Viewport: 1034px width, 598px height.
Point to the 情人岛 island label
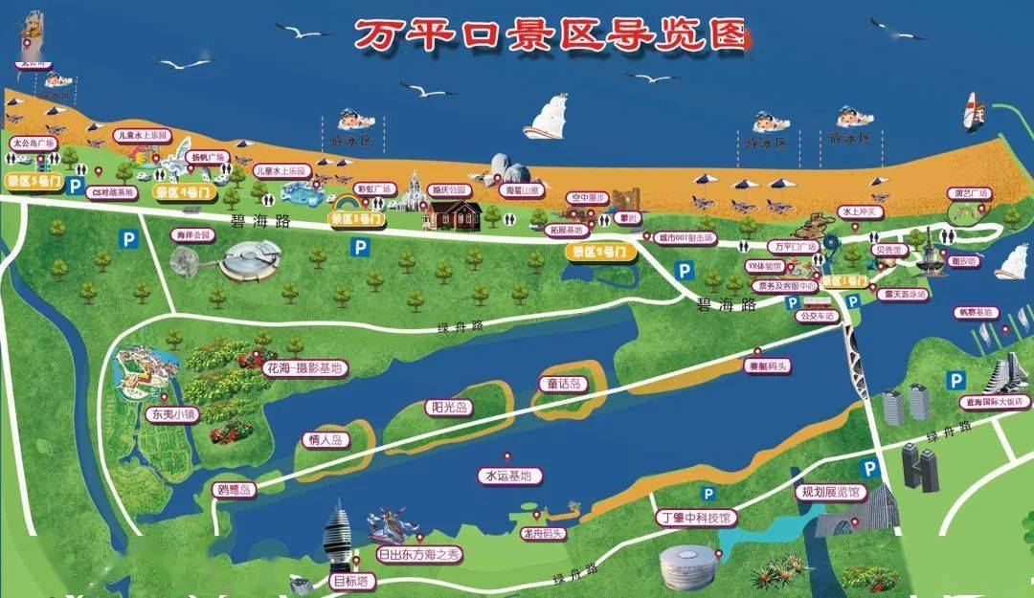(324, 440)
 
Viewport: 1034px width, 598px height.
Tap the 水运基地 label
(508, 475)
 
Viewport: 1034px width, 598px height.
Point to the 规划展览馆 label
(830, 493)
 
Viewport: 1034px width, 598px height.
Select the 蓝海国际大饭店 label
(997, 403)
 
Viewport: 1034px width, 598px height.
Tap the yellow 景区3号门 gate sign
(357, 219)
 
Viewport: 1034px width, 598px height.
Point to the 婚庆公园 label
(455, 189)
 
